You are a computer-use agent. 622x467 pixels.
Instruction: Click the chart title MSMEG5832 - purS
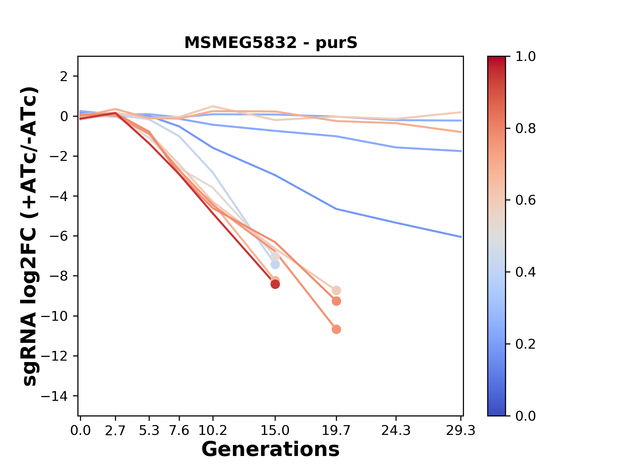pyautogui.click(x=271, y=43)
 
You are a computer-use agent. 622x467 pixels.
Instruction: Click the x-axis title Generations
pyautogui.click(x=271, y=449)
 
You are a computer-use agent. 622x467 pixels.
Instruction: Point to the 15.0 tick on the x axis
pyautogui.click(x=275, y=431)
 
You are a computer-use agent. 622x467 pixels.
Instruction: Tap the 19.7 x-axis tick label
pyautogui.click(x=336, y=431)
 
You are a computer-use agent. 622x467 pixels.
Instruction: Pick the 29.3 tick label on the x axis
pyautogui.click(x=461, y=431)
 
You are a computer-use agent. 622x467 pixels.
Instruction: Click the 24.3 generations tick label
pyautogui.click(x=396, y=431)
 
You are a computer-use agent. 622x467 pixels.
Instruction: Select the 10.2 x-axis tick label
pyautogui.click(x=213, y=431)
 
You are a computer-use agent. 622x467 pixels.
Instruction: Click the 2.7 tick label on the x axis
pyautogui.click(x=115, y=431)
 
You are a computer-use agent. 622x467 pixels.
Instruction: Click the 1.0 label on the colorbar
pyautogui.click(x=525, y=57)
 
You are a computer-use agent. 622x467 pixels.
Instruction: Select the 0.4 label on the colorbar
pyautogui.click(x=525, y=272)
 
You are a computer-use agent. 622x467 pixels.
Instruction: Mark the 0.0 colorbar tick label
pyautogui.click(x=525, y=416)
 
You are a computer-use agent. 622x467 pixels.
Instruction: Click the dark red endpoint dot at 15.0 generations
pyautogui.click(x=275, y=284)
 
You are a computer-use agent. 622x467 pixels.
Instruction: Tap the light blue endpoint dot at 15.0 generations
pyautogui.click(x=275, y=265)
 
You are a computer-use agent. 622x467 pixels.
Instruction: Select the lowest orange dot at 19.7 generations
pyautogui.click(x=336, y=329)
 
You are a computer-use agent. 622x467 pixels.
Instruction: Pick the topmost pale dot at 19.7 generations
pyautogui.click(x=336, y=290)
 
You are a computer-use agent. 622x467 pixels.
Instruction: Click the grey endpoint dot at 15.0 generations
pyautogui.click(x=275, y=257)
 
